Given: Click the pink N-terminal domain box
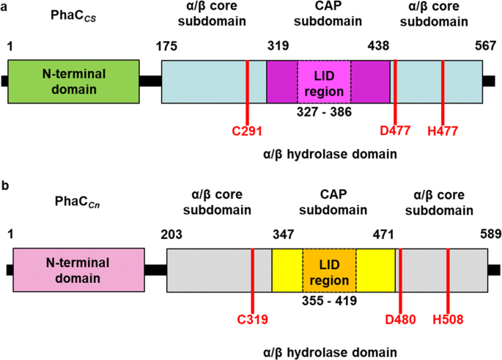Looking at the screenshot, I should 78,269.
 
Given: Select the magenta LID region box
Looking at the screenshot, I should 324,82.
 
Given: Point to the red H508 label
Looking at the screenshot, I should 447,319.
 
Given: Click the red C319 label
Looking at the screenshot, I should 252,319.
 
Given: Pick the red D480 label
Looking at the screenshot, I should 400,319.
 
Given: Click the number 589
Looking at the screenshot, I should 490,235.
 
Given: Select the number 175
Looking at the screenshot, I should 167,45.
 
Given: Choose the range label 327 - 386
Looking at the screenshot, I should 323,112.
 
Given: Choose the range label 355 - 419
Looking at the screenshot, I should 329,300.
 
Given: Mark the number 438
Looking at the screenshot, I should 378,45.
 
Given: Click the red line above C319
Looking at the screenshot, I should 252,279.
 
